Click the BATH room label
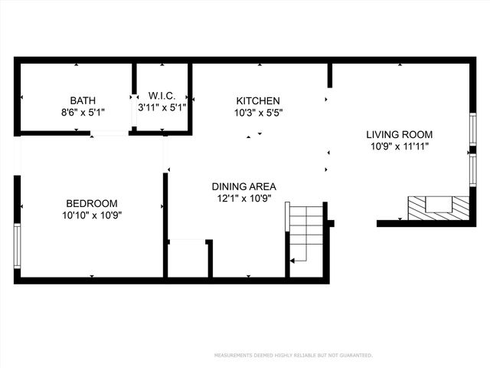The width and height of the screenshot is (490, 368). pyautogui.click(x=83, y=100)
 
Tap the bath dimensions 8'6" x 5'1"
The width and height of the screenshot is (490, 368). pyautogui.click(x=83, y=112)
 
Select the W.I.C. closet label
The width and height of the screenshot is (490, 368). pyautogui.click(x=162, y=96)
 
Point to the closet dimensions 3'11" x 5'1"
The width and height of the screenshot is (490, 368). pyautogui.click(x=162, y=107)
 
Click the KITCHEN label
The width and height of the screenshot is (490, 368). pyautogui.click(x=258, y=101)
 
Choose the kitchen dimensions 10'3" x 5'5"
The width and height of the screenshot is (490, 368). pyautogui.click(x=258, y=113)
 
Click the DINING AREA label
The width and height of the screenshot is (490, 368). pyautogui.click(x=243, y=186)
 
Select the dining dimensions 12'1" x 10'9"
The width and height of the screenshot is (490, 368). pyautogui.click(x=243, y=198)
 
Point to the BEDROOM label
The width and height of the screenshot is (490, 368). pyautogui.click(x=92, y=203)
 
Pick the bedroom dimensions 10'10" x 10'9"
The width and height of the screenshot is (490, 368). pyautogui.click(x=92, y=215)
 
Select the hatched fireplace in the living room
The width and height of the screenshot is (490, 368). pyautogui.click(x=437, y=207)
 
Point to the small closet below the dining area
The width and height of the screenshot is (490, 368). pyautogui.click(x=188, y=259)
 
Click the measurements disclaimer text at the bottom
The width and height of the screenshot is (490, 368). pyautogui.click(x=293, y=356)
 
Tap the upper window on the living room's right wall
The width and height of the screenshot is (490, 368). pyautogui.click(x=472, y=129)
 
